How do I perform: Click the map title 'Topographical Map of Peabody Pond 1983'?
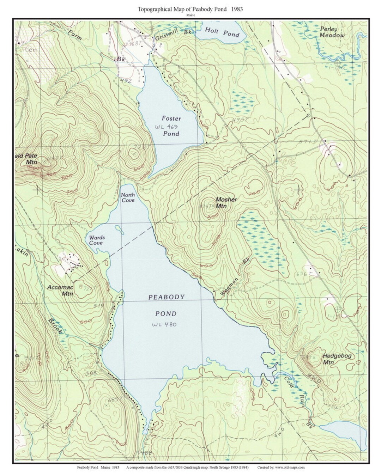(x=190, y=9)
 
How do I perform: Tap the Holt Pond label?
(x=222, y=32)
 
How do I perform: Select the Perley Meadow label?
(x=332, y=32)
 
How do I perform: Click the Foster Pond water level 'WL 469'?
(x=167, y=126)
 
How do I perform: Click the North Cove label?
(x=128, y=197)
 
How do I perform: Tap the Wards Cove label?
(x=97, y=240)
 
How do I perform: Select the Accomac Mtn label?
(x=60, y=290)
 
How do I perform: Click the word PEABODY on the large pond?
(x=166, y=297)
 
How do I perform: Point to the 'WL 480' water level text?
(x=164, y=324)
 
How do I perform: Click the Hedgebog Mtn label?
(x=337, y=359)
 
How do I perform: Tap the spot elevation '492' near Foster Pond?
(x=126, y=81)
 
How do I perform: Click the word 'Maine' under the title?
(x=190, y=16)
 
